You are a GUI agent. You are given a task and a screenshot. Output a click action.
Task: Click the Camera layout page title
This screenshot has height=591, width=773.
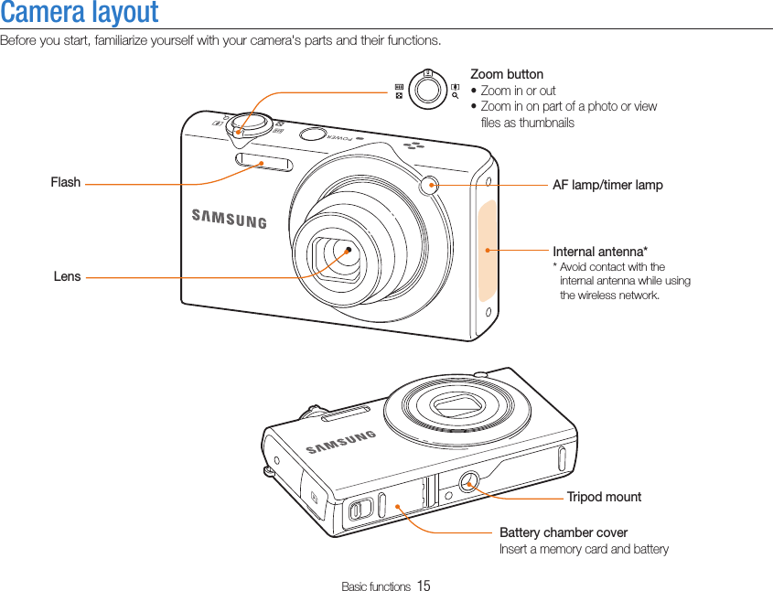(x=80, y=13)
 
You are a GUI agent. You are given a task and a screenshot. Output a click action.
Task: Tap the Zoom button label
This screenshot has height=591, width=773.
(x=506, y=74)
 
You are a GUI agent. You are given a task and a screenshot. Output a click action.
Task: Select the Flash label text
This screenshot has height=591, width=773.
(x=66, y=183)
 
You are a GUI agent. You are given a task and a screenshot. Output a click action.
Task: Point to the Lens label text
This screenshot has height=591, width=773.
(x=67, y=276)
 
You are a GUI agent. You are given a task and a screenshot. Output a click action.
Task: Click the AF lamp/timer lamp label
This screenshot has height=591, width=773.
(x=607, y=185)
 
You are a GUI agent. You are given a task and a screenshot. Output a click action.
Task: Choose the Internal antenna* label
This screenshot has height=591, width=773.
(x=600, y=252)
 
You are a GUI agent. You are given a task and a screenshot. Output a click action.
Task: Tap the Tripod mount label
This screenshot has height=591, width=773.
(x=604, y=497)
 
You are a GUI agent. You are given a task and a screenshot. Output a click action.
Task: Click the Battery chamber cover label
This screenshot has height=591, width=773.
(x=564, y=532)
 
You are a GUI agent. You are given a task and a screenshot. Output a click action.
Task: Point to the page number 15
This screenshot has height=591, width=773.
(x=424, y=586)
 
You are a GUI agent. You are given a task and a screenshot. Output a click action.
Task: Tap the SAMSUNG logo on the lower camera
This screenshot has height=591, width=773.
(x=341, y=442)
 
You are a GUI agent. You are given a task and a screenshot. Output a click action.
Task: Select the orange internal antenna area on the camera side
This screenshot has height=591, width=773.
(x=488, y=249)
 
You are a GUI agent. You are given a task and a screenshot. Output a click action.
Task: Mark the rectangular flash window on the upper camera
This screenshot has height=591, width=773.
(x=263, y=164)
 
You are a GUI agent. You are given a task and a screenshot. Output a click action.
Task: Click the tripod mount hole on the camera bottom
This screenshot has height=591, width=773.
(x=468, y=481)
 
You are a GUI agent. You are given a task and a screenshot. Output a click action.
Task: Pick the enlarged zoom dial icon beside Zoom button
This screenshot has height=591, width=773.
(x=426, y=88)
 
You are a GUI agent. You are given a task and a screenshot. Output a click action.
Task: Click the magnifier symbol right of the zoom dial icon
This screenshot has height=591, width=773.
(x=455, y=93)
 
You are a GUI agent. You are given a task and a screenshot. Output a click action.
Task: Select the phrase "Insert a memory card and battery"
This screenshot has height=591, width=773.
(x=584, y=549)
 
